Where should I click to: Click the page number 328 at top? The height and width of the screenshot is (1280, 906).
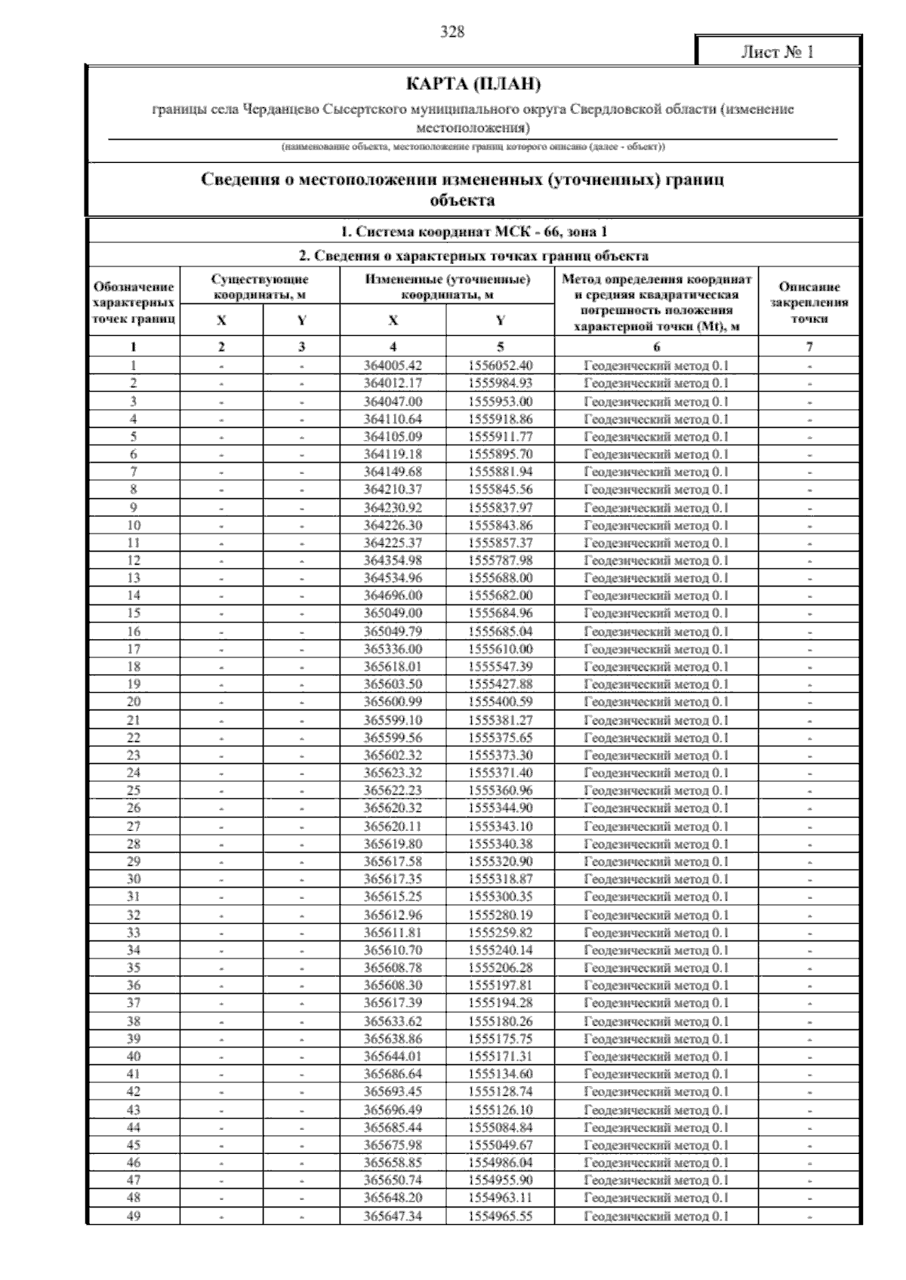coord(452,32)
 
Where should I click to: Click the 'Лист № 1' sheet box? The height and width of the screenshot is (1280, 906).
coord(778,52)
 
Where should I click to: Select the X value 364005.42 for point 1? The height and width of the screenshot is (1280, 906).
coord(393,365)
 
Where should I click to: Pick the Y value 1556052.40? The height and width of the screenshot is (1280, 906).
coord(500,365)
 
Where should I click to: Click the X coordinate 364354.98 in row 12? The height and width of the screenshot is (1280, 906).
coord(393,561)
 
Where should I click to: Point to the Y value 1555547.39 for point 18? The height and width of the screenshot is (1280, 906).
coord(500,666)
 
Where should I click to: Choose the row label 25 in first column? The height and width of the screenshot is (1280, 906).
coord(134,790)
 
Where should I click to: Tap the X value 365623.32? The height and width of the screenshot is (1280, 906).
coord(393,773)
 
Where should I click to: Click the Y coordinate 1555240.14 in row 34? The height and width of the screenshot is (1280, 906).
coord(500,950)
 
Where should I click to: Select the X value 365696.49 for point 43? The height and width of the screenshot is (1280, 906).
coord(393,1109)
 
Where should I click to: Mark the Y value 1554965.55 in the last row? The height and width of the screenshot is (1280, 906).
coord(500,1216)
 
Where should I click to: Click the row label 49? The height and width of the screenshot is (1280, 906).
coord(134,1216)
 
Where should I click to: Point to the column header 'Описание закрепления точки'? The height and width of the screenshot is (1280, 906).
coord(809,303)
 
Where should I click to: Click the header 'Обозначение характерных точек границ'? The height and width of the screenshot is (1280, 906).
coord(134,303)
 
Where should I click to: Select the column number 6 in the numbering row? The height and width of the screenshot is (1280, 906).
coord(656,347)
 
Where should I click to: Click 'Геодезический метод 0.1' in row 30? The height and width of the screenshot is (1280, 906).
coord(656,879)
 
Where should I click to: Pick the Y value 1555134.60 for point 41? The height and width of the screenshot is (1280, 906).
coord(500,1074)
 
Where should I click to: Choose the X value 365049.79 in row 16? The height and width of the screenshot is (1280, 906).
coord(393,632)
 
